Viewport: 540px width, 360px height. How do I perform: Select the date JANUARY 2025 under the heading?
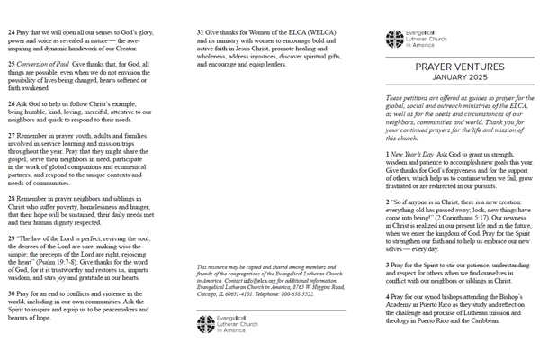tap(452, 77)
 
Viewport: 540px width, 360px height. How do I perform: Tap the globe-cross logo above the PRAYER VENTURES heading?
tap(396, 39)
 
